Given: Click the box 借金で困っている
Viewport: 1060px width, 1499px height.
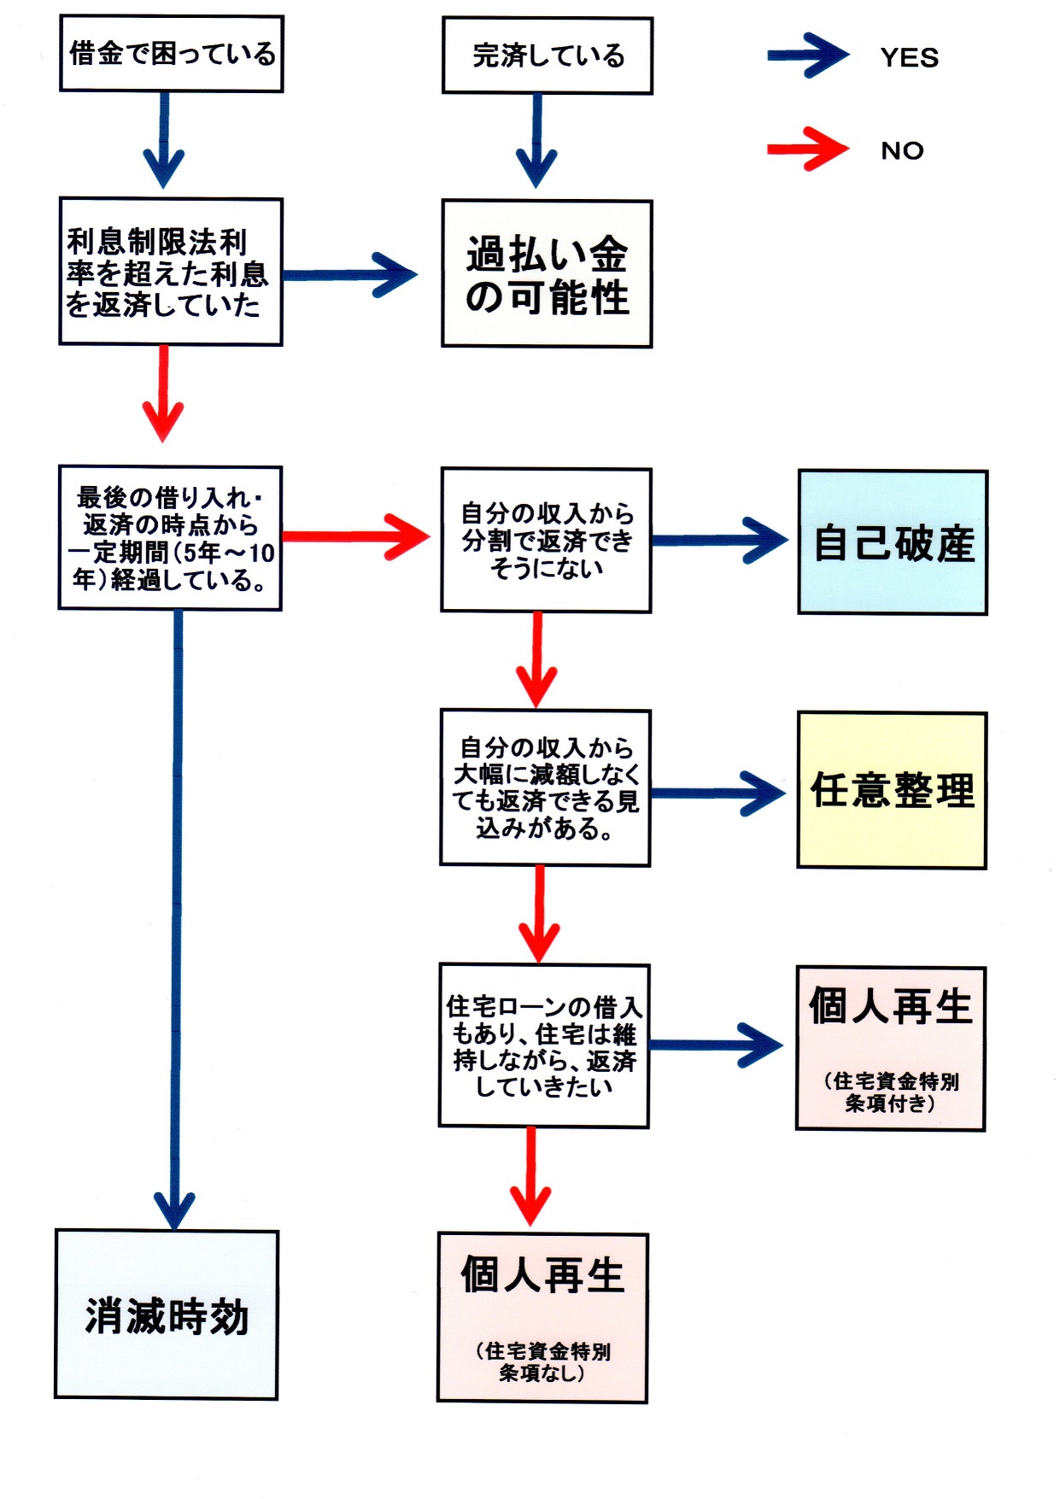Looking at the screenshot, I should pos(171,54).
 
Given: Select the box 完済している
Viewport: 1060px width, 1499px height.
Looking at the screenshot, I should pos(548,56).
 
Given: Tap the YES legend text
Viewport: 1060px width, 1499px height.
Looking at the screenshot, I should pos(909,58).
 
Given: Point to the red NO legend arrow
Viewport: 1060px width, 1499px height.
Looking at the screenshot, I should pos(807,149).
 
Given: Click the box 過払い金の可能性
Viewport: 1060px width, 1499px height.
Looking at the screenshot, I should pos(547,274).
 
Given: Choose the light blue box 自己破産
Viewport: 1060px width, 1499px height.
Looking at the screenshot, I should pos(893,542).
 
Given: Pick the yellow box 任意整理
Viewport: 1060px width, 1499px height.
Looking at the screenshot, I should pos(892,790).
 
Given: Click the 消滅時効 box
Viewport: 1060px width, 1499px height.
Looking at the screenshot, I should pos(167,1315).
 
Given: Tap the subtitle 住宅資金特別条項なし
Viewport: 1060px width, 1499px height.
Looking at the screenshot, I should pos(542,1361).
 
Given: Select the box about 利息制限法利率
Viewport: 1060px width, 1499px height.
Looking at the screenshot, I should pos(170,272).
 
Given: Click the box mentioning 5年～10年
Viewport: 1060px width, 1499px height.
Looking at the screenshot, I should pos(170,538).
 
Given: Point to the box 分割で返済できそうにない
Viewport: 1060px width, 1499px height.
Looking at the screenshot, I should pos(546,540).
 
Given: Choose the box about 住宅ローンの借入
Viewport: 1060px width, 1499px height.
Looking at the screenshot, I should pos(544,1046).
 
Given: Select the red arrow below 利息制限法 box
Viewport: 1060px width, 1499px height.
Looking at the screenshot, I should pos(163,393).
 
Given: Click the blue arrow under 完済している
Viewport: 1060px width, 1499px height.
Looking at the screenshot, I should pos(537,141).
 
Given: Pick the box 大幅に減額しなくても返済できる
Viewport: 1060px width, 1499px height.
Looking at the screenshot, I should pos(545,788).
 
